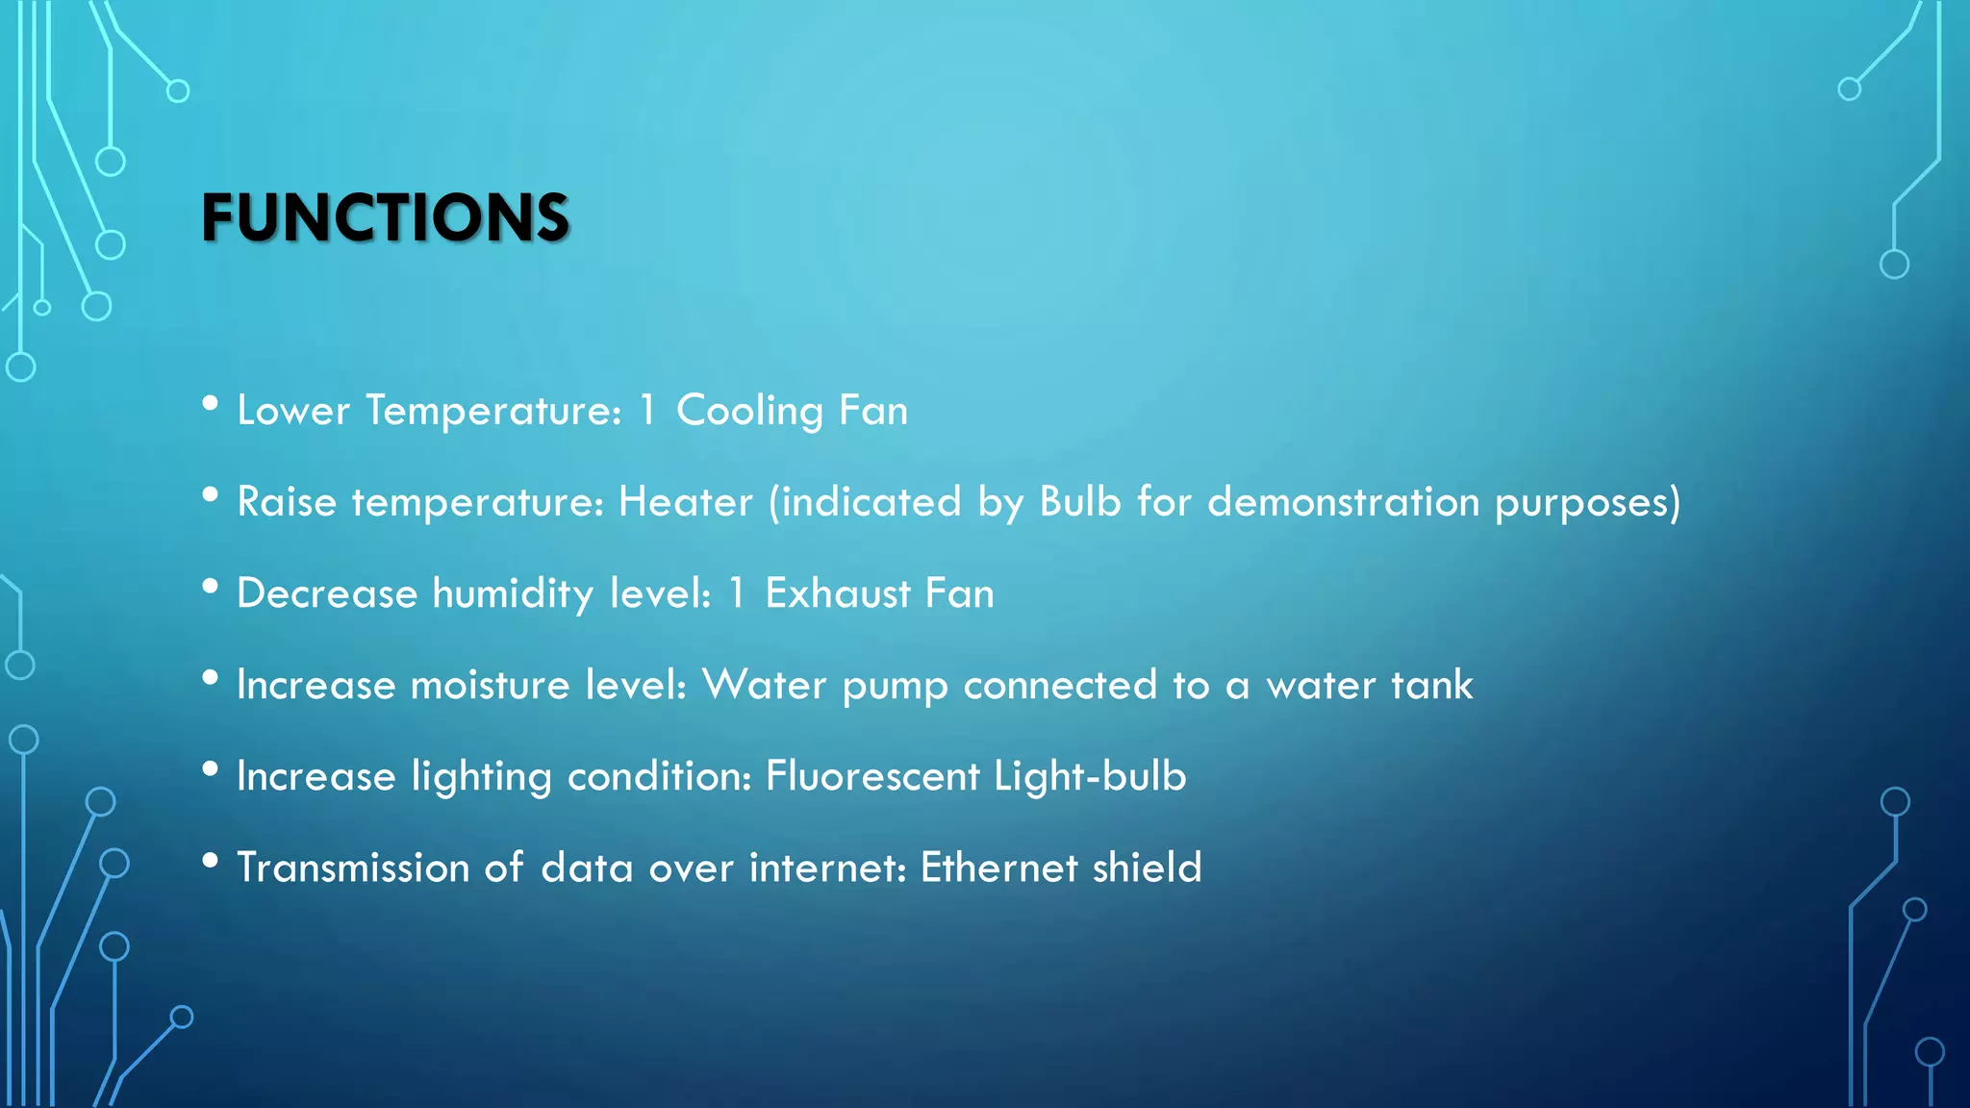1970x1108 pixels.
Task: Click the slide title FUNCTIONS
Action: pyautogui.click(x=385, y=217)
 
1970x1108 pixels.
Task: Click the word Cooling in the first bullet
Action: pyautogui.click(x=749, y=412)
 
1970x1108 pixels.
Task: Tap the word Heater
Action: pyautogui.click(x=685, y=502)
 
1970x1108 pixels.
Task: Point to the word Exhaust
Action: pyautogui.click(x=837, y=593)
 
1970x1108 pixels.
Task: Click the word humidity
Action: pyautogui.click(x=513, y=594)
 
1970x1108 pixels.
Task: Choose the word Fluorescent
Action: pyautogui.click(x=871, y=776)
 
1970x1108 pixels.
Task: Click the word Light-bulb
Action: pyautogui.click(x=1090, y=777)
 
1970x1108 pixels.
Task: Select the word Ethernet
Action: pyautogui.click(x=998, y=868)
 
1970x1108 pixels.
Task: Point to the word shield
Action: pyautogui.click(x=1147, y=868)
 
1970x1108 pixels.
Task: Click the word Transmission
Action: pyautogui.click(x=352, y=868)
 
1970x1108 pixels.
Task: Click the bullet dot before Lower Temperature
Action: pyautogui.click(x=211, y=404)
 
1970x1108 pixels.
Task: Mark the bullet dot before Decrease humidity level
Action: pyautogui.click(x=211, y=587)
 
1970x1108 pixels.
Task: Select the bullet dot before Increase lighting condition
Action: pyautogui.click(x=211, y=769)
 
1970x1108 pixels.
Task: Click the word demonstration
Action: pyautogui.click(x=1343, y=502)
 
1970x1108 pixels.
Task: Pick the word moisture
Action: pyautogui.click(x=490, y=685)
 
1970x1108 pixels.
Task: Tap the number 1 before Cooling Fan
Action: pyautogui.click(x=647, y=411)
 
